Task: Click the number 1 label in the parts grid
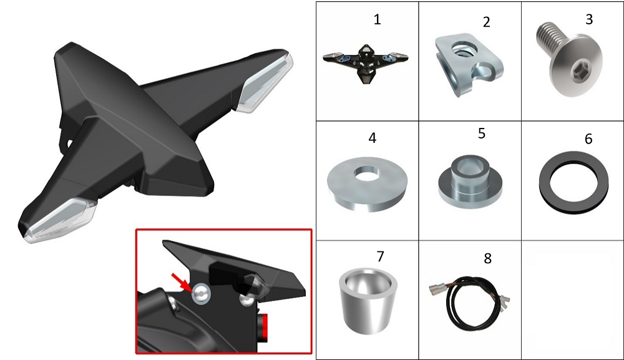click(x=378, y=19)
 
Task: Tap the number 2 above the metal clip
click(x=486, y=22)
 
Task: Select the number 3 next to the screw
click(x=589, y=19)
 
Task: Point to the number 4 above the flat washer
click(x=372, y=138)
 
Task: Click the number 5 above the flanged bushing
click(x=482, y=134)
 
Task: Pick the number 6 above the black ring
click(x=588, y=139)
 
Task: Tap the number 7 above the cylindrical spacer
click(x=381, y=256)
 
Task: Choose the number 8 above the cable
click(x=487, y=258)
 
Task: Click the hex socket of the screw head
click(x=577, y=72)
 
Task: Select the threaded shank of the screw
click(x=548, y=39)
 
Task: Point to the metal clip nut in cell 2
click(x=469, y=66)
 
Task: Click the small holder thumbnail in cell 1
click(x=365, y=62)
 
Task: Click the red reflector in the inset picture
click(x=263, y=327)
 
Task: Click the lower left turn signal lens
click(x=60, y=220)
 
